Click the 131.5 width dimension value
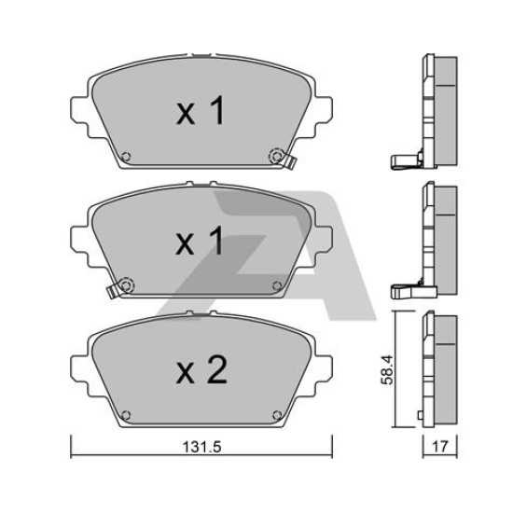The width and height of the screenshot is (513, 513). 201,447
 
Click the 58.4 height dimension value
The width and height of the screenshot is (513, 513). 387,370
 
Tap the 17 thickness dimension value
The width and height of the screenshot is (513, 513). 439,446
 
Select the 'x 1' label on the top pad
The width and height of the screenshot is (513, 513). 201,111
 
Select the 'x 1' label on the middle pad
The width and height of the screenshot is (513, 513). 200,241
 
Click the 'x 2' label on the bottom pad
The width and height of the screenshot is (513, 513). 201,369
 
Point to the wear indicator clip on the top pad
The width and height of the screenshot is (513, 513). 290,161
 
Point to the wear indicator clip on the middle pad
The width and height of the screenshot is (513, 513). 112,291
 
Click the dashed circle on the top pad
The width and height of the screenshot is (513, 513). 276,156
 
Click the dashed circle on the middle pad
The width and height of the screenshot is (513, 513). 126,285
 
